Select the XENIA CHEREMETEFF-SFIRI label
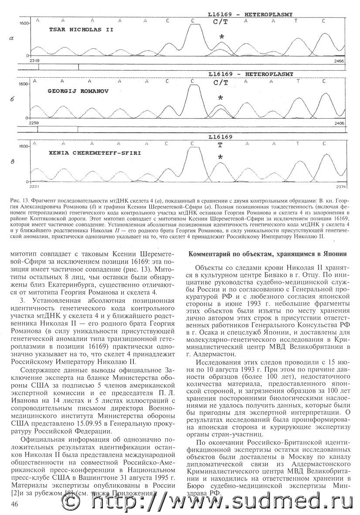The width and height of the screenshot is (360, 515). (x=85, y=154)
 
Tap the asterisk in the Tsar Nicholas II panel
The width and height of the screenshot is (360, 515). (x=221, y=38)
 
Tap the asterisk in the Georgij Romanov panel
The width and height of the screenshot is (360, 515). (x=221, y=99)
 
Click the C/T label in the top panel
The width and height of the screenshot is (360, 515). (x=221, y=21)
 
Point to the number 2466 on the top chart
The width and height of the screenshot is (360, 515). (x=339, y=61)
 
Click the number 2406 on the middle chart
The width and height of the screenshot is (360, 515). (x=339, y=123)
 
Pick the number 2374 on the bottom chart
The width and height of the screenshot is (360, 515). (x=339, y=187)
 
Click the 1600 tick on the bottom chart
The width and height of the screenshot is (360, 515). (x=24, y=146)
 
